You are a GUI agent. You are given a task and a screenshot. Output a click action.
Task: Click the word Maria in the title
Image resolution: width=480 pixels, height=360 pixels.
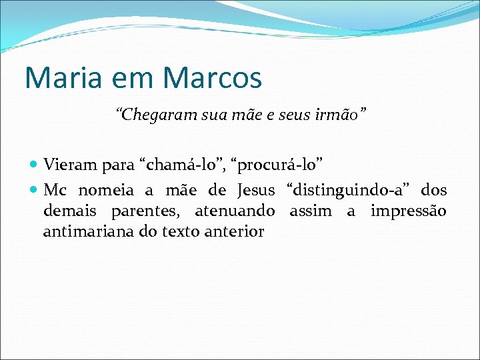tap(57, 77)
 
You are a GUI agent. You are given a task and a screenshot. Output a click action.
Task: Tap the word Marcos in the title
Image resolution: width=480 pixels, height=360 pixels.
tap(212, 77)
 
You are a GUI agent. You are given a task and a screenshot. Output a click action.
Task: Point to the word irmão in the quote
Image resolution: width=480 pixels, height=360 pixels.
tap(339, 115)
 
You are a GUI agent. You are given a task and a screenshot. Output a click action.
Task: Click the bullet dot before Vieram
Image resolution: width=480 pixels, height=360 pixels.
tap(35, 164)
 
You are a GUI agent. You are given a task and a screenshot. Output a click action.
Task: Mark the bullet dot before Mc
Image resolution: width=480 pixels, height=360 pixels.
tap(35, 191)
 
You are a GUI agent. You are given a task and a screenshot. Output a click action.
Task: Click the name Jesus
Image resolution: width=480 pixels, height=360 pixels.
tap(256, 191)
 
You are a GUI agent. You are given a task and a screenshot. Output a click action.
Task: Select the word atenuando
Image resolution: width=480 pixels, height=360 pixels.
tap(235, 211)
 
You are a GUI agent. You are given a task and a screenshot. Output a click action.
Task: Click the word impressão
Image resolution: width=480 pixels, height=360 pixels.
tap(408, 211)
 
